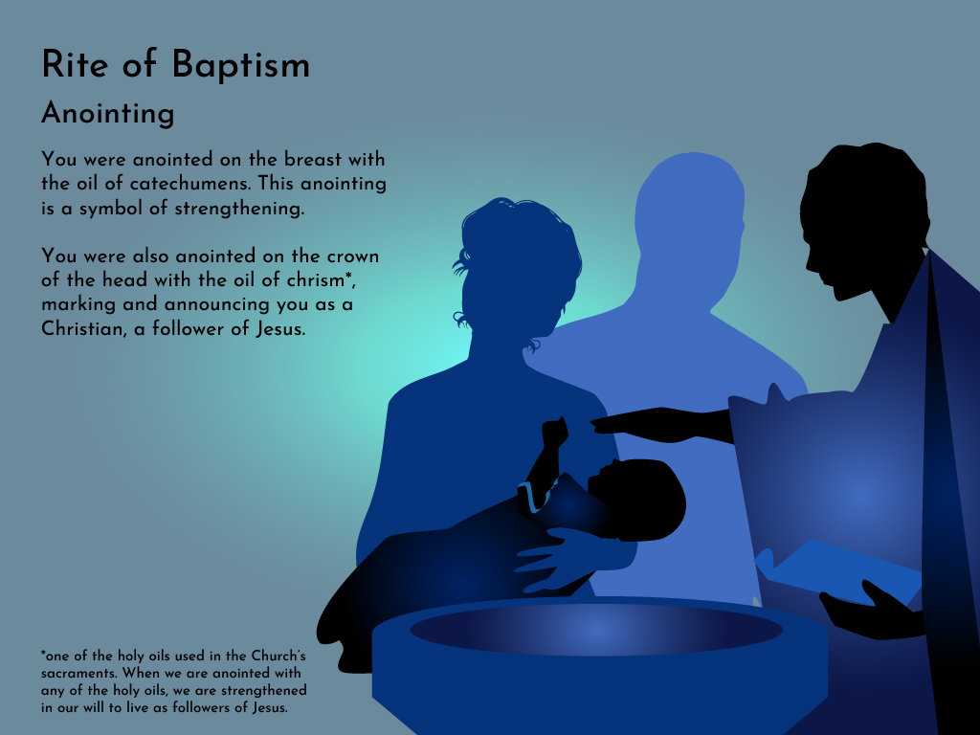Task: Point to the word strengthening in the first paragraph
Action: (x=239, y=209)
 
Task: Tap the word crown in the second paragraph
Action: (x=353, y=256)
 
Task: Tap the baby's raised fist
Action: (x=554, y=432)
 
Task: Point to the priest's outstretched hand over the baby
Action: (x=644, y=424)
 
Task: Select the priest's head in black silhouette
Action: (x=865, y=219)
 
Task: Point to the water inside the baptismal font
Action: (x=596, y=630)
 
